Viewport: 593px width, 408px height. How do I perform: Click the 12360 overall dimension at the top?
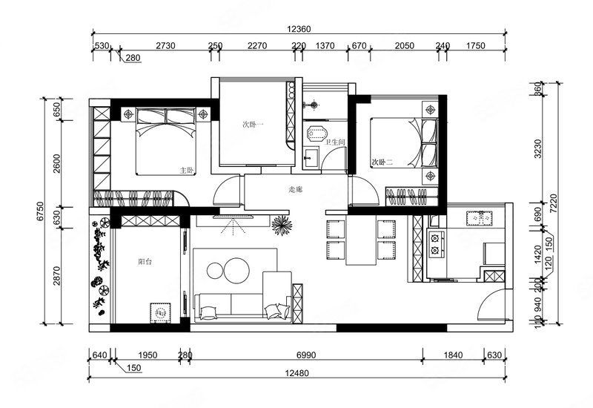click(x=299, y=29)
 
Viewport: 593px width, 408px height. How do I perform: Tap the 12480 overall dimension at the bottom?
click(x=297, y=373)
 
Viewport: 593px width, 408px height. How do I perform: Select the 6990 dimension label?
click(x=306, y=355)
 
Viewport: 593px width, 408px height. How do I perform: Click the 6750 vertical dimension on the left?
click(x=41, y=211)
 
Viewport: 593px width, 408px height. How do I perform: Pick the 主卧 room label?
click(x=187, y=171)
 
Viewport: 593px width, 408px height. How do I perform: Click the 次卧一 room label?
click(x=253, y=124)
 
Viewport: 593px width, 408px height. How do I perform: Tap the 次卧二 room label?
click(x=382, y=162)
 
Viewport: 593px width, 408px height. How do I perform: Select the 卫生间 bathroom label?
click(x=336, y=142)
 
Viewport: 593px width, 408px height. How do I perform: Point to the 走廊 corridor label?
click(x=295, y=190)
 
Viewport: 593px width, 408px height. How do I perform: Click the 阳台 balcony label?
click(x=145, y=262)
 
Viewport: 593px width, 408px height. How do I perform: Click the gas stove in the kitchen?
click(x=435, y=244)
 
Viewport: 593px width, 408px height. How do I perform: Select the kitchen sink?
click(x=479, y=218)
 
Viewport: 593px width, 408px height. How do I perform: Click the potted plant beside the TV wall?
click(x=282, y=226)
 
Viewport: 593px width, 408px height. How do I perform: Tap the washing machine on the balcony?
click(x=161, y=313)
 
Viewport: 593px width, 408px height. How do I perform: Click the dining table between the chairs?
click(x=361, y=240)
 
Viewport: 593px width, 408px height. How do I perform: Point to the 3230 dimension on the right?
click(x=538, y=149)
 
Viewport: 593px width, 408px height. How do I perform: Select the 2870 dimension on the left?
click(x=57, y=276)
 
